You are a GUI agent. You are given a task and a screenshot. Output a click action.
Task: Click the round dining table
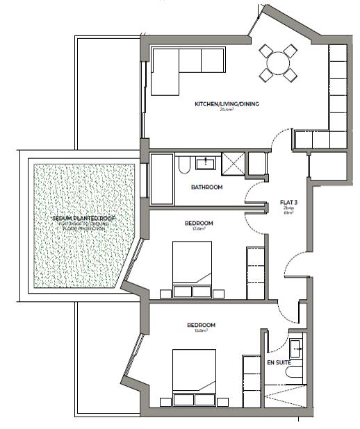pyautogui.click(x=279, y=63)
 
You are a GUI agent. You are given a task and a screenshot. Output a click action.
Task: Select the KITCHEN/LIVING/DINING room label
pyautogui.click(x=227, y=105)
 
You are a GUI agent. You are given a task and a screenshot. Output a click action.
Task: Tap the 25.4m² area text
pyautogui.click(x=227, y=110)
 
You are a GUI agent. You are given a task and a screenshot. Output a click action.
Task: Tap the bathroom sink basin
pyautogui.click(x=207, y=163)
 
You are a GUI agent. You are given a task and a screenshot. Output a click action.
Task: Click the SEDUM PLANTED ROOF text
pyautogui.click(x=84, y=218)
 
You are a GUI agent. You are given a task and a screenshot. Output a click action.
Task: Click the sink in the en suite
pyautogui.click(x=295, y=345)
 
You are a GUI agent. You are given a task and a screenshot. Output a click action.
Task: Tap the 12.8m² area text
pyautogui.click(x=199, y=228)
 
